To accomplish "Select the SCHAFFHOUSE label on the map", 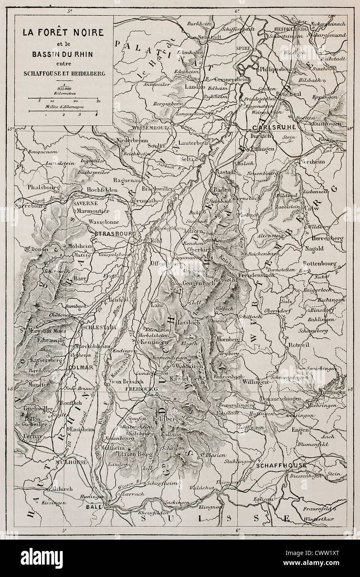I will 281,465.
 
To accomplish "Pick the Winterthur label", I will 331,518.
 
